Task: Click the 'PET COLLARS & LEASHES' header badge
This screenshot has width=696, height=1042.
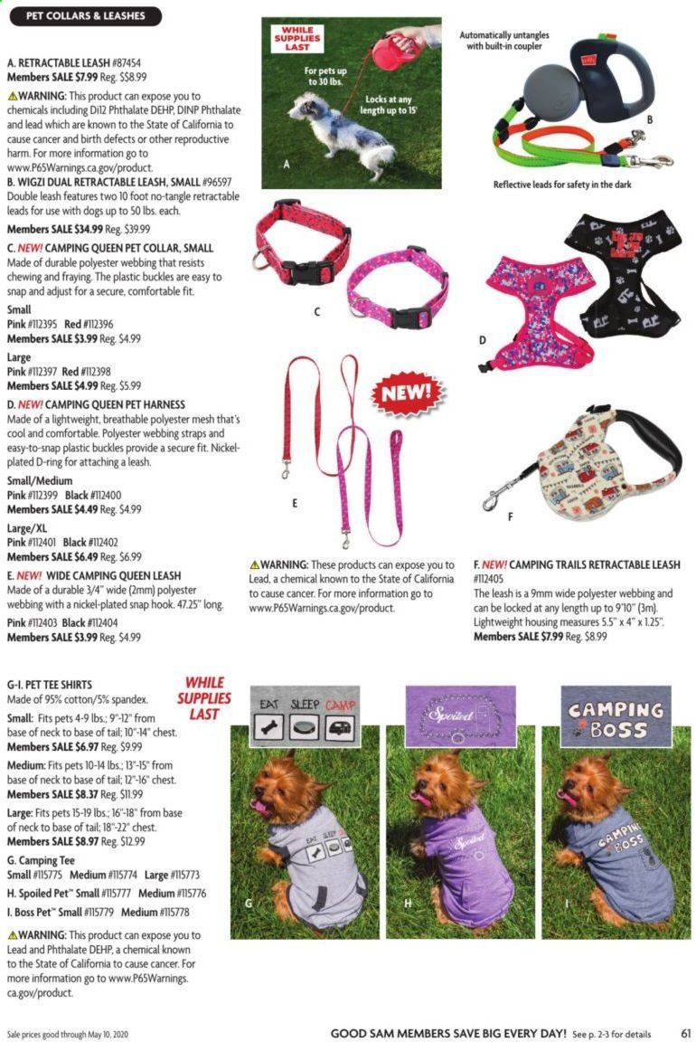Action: pyautogui.click(x=84, y=15)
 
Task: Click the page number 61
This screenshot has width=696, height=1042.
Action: pyautogui.click(x=686, y=1032)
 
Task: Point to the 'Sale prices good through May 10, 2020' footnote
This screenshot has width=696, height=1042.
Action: pyautogui.click(x=76, y=1032)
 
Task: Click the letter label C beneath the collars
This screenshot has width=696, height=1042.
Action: pyautogui.click(x=318, y=312)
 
